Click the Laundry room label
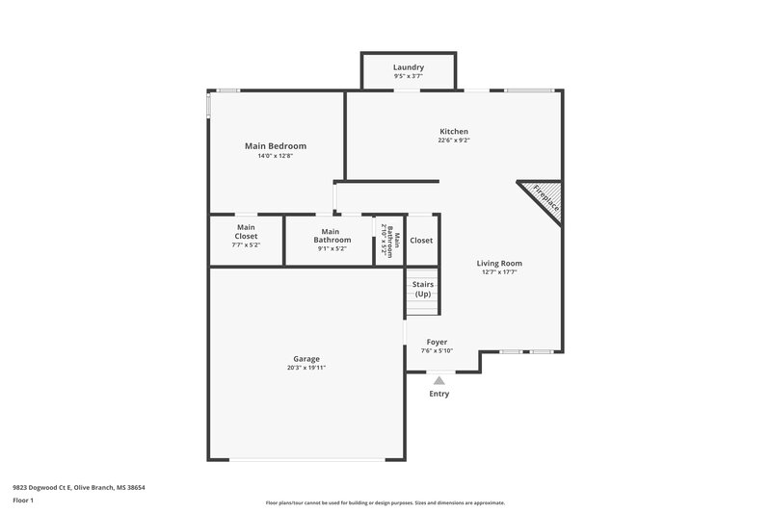pos(408,67)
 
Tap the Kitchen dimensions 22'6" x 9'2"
pos(454,141)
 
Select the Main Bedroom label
pos(275,146)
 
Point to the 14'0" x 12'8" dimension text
pos(275,156)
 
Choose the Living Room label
pos(499,263)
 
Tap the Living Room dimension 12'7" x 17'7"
pos(499,272)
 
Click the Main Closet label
pos(246,232)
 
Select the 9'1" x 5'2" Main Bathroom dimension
pos(331,248)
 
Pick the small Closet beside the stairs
pos(421,241)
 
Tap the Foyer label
pos(437,342)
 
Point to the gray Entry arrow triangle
pos(439,380)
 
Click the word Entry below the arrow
pos(439,394)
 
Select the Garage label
pos(306,359)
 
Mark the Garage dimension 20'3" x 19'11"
pos(306,368)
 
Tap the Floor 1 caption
pos(23,501)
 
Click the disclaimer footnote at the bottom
pos(385,502)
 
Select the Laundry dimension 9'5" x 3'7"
pos(408,76)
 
